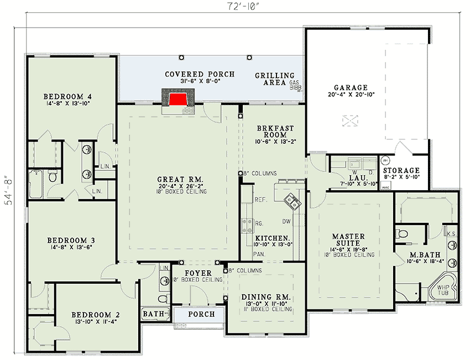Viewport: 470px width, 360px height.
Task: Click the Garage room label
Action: pyautogui.click(x=351, y=88)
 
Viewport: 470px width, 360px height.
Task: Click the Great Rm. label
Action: pyautogui.click(x=181, y=180)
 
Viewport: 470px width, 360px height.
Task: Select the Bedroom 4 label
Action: pyautogui.click(x=68, y=97)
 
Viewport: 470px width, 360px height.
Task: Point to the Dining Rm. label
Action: pyautogui.click(x=267, y=298)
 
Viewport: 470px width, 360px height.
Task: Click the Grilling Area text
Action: pyautogui.click(x=274, y=79)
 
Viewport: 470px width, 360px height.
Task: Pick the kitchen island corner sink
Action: pyautogui.click(x=291, y=201)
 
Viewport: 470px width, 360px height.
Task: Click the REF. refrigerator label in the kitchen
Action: pyautogui.click(x=260, y=200)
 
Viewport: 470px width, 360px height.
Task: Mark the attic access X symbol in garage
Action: pyautogui.click(x=349, y=120)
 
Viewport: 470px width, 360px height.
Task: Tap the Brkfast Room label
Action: pyautogui.click(x=271, y=131)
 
